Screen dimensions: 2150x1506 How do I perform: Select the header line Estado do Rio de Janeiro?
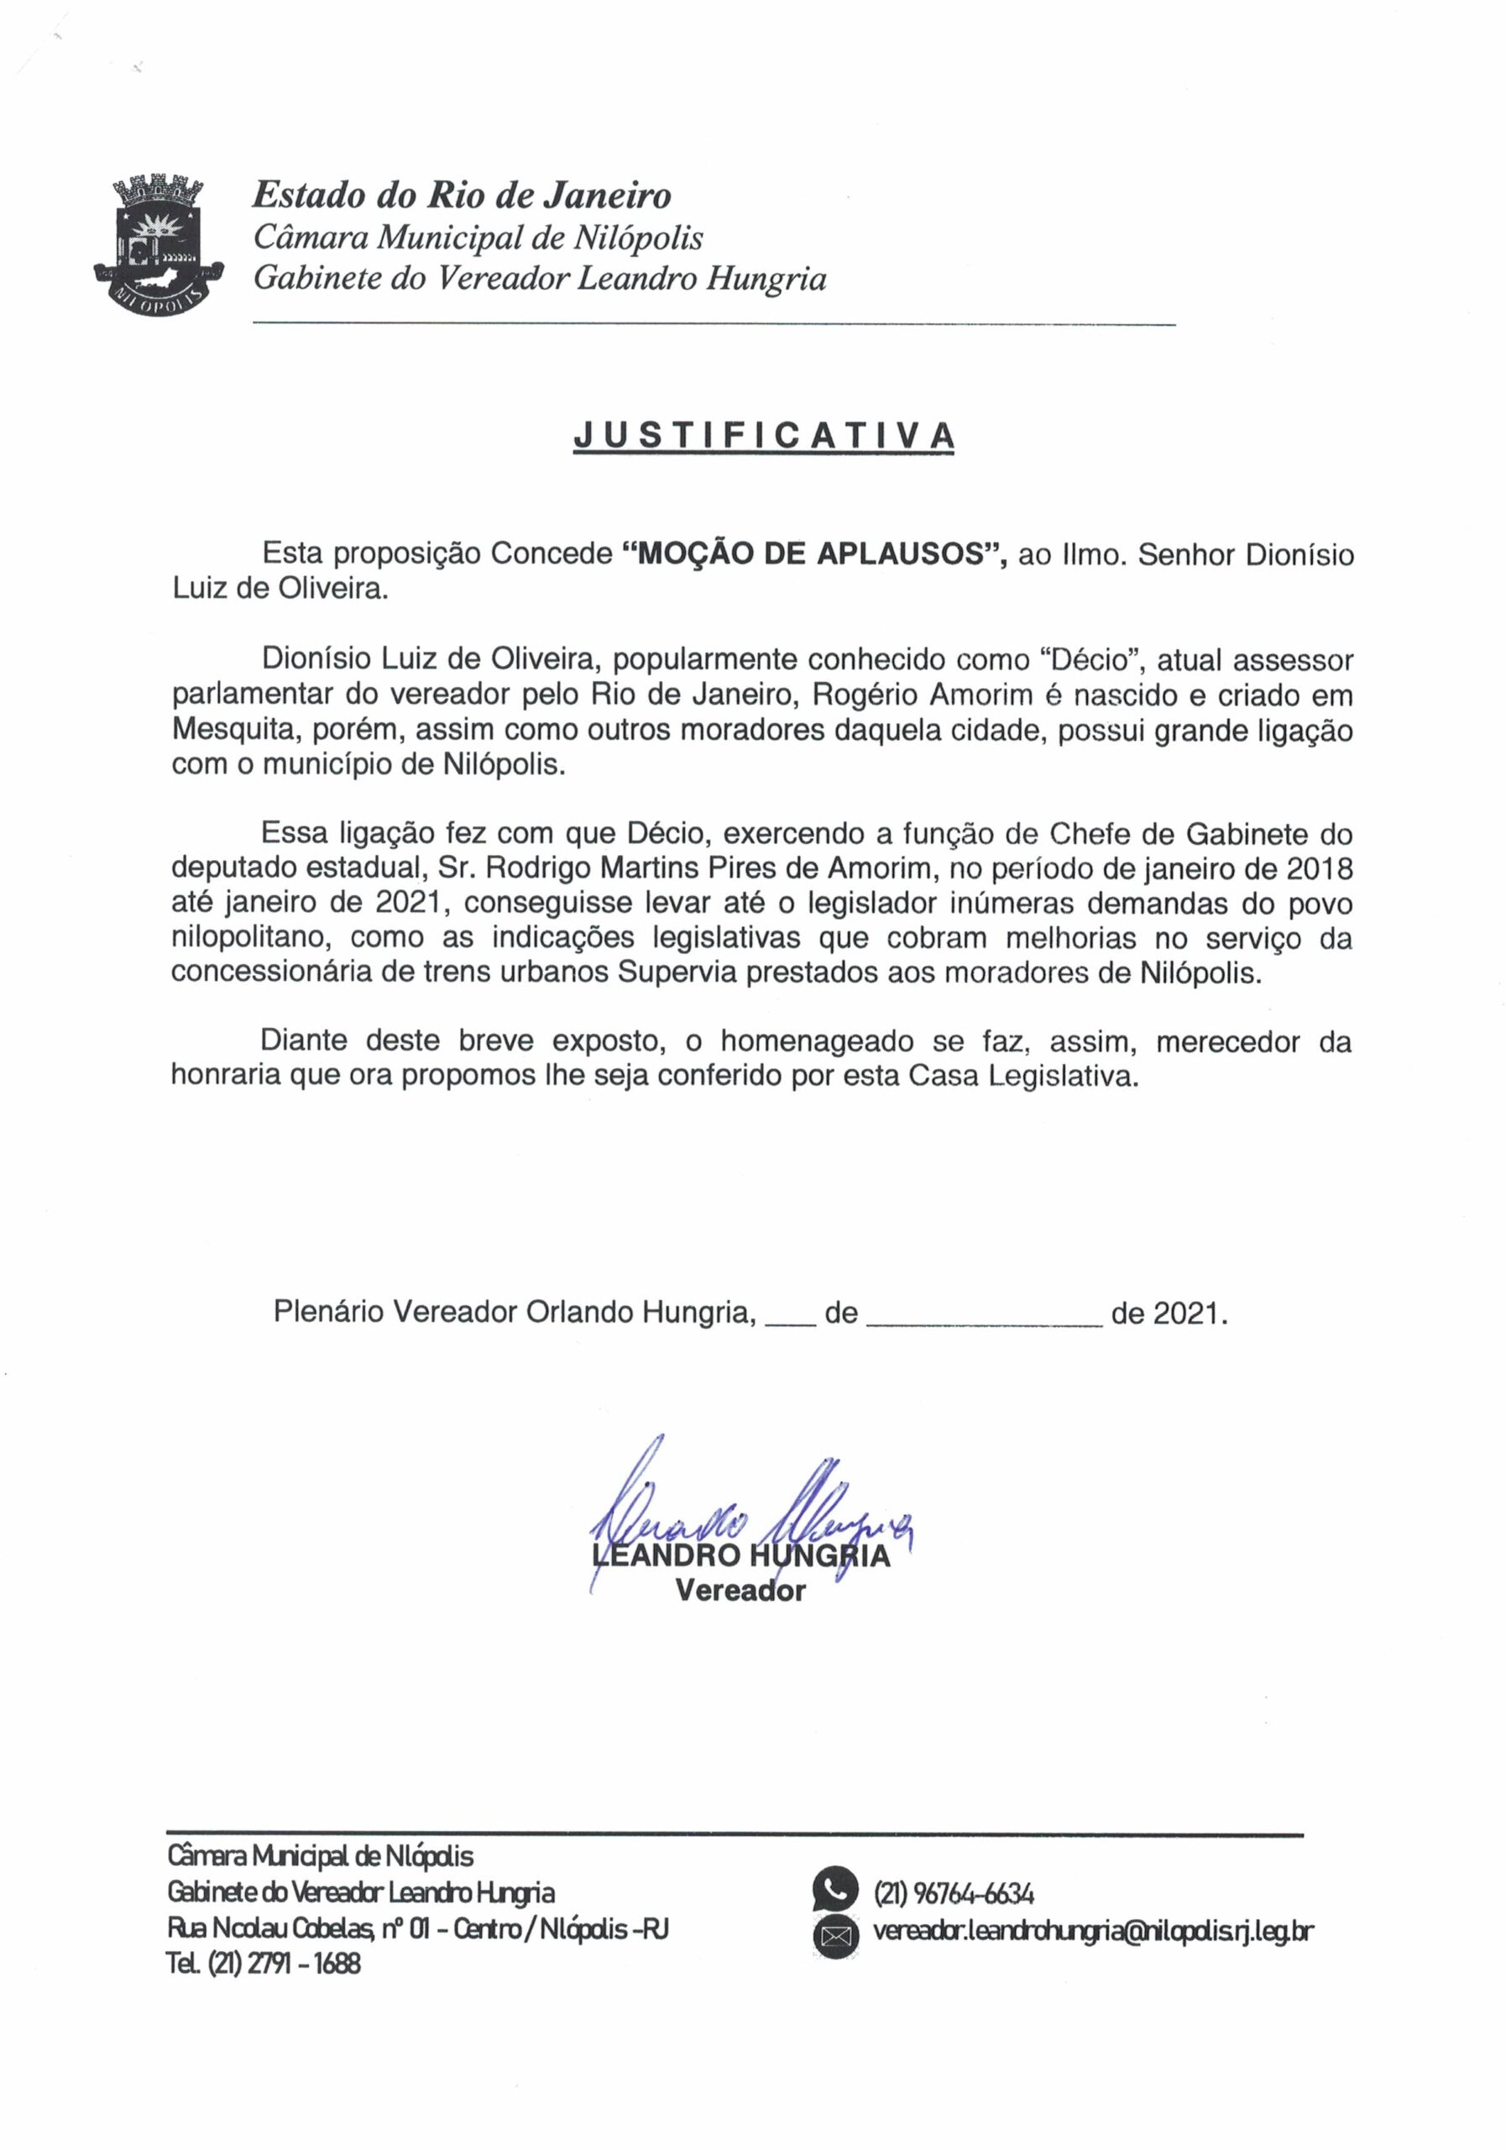pos(462,196)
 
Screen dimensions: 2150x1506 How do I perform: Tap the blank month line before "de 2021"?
pos(985,1314)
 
